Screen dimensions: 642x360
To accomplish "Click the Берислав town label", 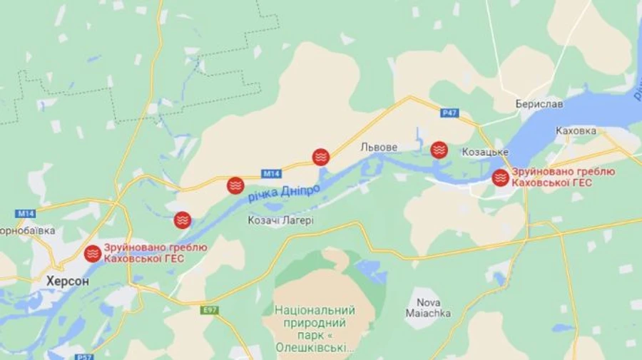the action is [539, 104].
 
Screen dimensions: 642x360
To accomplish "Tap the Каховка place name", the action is [575, 131].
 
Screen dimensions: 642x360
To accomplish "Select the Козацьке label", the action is [485, 152].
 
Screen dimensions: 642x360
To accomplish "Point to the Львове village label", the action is [379, 147].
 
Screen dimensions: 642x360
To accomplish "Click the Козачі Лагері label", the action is [280, 220].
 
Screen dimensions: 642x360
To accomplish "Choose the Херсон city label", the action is [68, 281].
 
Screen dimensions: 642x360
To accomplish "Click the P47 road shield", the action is [449, 113].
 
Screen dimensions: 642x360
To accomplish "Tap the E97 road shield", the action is [210, 310].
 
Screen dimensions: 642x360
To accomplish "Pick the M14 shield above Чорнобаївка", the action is [26, 213].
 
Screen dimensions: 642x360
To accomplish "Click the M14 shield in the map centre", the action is [271, 173].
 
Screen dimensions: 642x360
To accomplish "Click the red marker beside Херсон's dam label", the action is [93, 253].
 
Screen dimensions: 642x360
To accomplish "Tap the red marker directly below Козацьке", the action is [501, 178].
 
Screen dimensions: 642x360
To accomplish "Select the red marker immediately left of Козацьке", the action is [439, 150].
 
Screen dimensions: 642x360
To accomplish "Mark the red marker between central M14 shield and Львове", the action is [321, 157].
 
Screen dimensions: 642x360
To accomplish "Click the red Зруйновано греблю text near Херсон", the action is [156, 247].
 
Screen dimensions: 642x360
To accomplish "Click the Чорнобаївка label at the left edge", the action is [27, 232].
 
